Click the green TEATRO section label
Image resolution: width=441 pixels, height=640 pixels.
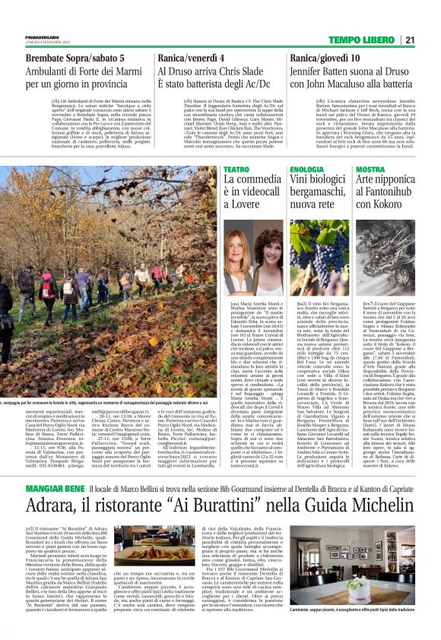point(236,169)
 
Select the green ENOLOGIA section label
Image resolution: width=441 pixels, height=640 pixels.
point(306,169)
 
